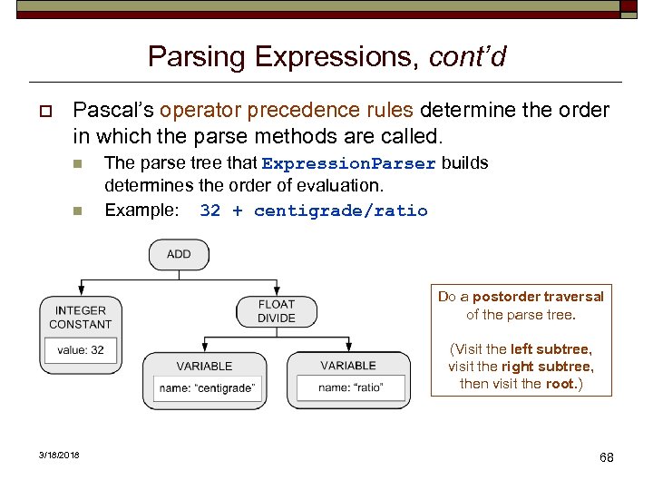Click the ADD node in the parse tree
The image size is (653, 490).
179,254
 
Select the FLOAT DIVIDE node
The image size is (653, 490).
276,311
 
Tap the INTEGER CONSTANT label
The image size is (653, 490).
81,318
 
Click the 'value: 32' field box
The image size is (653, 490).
81,350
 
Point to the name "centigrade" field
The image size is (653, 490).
207,388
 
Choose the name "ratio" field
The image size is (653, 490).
350,387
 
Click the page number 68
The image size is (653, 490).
606,457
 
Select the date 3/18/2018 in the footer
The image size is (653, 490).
59,455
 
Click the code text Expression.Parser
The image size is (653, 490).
348,164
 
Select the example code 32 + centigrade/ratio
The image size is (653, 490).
313,211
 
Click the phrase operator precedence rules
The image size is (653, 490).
287,111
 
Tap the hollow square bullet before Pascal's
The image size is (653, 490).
43,112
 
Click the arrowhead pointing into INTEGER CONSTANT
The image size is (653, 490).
81,292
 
